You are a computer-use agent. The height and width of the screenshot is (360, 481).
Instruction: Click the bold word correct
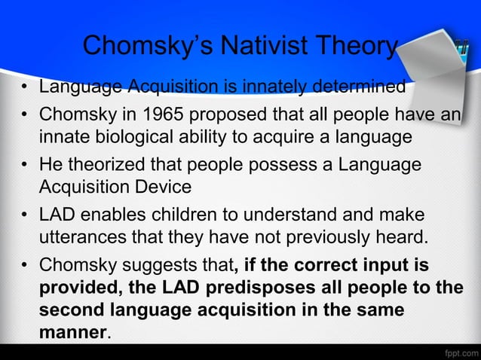pyautogui.click(x=308, y=267)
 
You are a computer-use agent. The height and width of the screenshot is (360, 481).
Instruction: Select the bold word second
pyautogui.click(x=72, y=310)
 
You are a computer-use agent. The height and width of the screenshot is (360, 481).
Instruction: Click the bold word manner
pyautogui.click(x=73, y=332)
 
